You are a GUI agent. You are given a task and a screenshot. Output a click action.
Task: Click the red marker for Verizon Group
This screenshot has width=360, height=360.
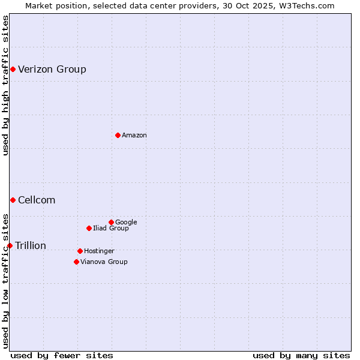pos(13,70)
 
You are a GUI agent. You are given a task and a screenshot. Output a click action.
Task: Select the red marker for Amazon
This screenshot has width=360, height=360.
pos(118,135)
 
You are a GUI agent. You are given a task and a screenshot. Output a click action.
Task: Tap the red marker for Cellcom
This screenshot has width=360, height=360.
pos(13,200)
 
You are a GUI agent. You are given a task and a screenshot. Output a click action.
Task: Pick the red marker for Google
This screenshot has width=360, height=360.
pos(111,222)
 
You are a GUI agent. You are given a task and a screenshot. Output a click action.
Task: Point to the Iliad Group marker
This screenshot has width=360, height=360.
pos(89,228)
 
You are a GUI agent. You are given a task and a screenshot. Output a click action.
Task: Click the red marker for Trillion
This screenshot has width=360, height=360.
pos(10,245)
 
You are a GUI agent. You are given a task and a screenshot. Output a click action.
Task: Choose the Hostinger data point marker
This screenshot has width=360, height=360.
pos(80,251)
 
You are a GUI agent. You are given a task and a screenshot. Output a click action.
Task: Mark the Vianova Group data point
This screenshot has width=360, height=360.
pos(76,262)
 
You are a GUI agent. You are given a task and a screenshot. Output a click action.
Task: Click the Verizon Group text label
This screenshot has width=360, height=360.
pos(52,70)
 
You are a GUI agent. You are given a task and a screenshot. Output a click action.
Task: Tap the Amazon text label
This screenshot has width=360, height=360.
pos(134,136)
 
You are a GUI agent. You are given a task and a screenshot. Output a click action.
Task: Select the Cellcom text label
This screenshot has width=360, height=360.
pos(37,200)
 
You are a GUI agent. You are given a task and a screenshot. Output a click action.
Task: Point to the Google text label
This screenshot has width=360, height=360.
pos(126,223)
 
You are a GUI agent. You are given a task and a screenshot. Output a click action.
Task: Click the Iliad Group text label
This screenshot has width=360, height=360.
pos(111,229)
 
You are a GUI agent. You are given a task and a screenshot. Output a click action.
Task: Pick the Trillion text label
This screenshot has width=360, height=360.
pos(31,246)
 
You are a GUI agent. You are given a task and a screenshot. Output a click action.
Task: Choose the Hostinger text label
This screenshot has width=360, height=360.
pos(99,251)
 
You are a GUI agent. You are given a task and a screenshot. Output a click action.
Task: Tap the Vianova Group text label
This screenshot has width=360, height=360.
pos(104,262)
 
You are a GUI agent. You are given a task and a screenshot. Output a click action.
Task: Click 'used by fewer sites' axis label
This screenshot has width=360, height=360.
pos(62,356)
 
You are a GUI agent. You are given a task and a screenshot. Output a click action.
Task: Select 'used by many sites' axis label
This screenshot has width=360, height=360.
pos(301,356)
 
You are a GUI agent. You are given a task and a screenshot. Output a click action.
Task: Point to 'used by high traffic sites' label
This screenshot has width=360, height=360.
pos(5,86)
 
